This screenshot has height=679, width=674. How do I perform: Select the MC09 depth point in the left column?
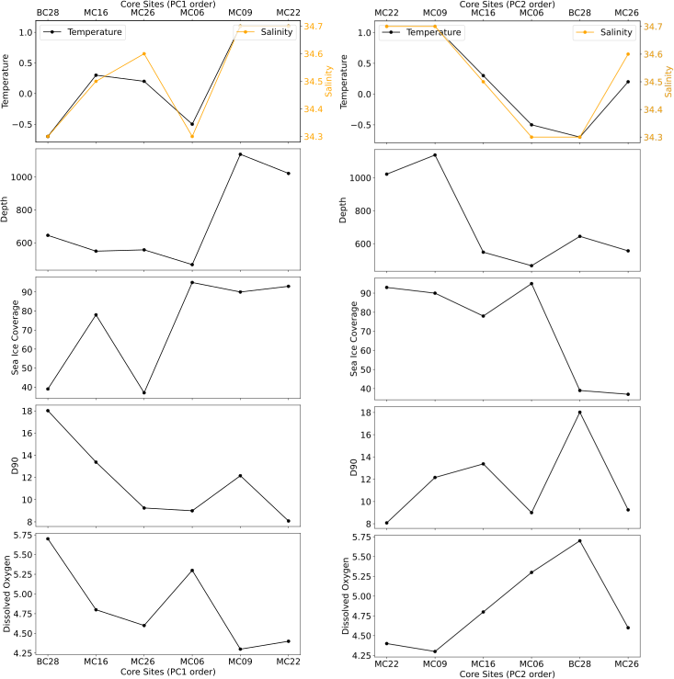[240, 154]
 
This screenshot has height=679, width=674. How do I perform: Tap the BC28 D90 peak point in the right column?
[580, 412]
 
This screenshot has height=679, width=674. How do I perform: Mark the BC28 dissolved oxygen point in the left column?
[48, 538]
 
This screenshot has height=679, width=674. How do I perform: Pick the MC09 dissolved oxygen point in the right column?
[435, 651]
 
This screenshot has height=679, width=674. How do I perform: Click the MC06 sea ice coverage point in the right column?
[531, 283]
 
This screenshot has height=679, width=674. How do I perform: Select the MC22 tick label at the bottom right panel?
[387, 663]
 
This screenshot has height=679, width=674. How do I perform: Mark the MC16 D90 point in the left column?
[96, 462]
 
